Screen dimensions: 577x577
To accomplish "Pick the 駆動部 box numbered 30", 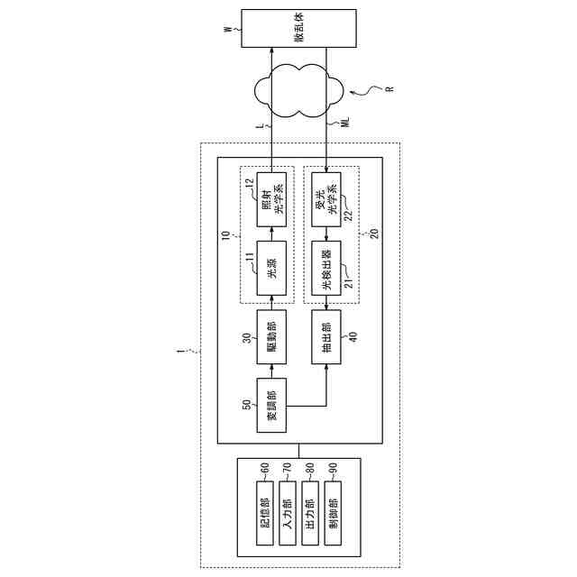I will coord(271,333).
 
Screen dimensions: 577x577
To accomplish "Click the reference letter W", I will coord(227,30).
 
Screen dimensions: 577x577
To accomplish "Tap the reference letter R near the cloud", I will coord(389,89).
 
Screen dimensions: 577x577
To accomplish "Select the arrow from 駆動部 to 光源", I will coord(271,300).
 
